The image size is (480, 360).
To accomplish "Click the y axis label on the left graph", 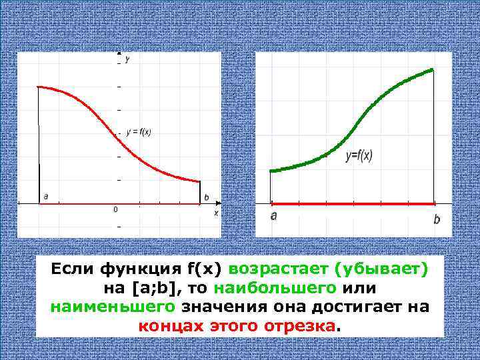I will [127, 60].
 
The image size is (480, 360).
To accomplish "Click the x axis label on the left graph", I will [216, 213].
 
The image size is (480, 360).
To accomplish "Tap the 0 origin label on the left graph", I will [114, 210].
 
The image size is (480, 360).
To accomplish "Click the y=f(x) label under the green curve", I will [359, 155].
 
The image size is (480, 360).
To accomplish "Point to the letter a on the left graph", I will [45, 196].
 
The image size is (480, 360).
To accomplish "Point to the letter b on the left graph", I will [206, 197].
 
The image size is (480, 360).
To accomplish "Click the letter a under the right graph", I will [273, 216].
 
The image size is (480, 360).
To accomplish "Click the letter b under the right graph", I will [437, 219].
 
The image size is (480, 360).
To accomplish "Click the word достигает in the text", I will [364, 307].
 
